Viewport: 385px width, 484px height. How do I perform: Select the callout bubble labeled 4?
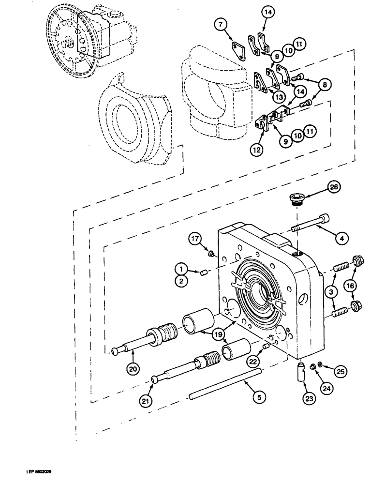coord(341,238)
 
